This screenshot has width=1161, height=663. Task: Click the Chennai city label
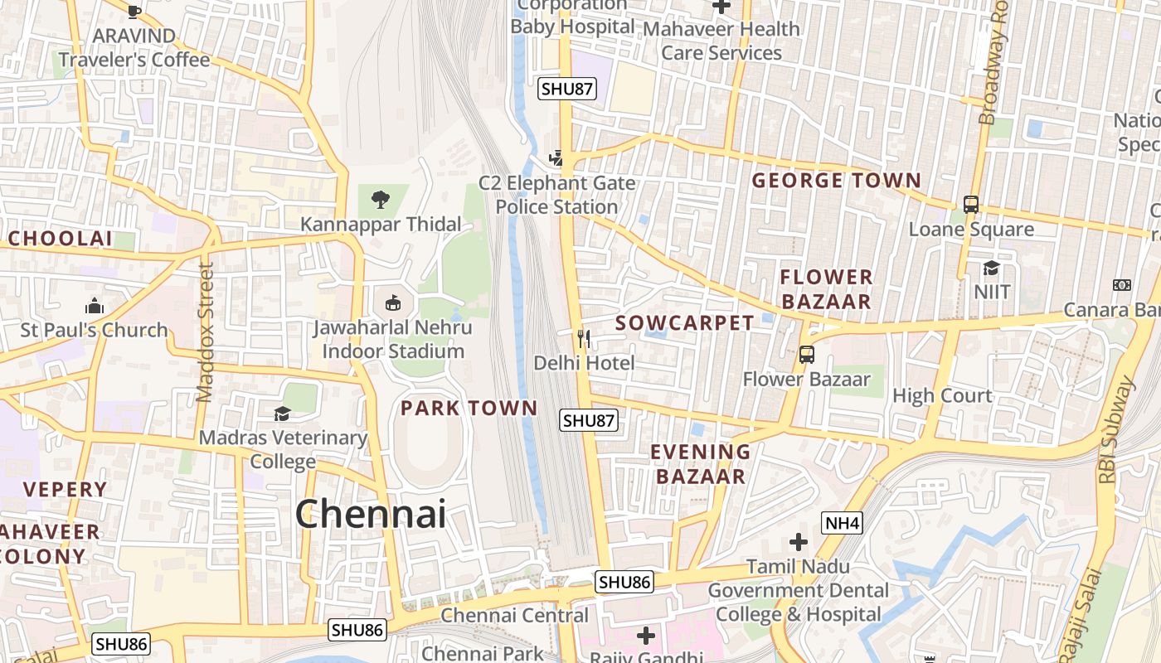371,514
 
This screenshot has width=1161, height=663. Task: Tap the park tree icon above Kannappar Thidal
381,199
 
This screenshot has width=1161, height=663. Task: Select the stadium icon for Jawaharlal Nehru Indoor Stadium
393,302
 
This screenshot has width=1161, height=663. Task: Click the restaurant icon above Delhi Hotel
584,338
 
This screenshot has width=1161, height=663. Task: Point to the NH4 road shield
842,523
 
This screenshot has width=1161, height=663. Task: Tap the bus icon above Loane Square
971,204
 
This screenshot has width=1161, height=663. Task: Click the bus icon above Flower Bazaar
806,355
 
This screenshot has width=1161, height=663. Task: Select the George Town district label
836,181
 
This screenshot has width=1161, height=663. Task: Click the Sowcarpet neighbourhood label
685,323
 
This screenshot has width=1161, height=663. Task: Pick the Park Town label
469,408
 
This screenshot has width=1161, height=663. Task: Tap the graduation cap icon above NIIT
991,267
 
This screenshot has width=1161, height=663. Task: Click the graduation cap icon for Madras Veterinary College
282,413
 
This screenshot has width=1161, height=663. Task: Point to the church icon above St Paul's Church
95,306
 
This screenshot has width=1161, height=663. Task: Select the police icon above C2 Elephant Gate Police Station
557,157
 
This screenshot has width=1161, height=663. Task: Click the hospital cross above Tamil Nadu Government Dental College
799,543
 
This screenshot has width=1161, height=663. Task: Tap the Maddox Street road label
206,331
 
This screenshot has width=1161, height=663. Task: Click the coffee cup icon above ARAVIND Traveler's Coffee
134,12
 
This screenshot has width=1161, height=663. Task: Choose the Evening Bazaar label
700,464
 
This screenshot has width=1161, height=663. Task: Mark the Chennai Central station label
514,615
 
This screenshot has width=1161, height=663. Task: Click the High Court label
942,395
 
